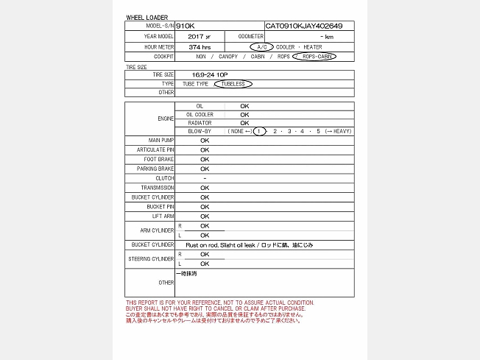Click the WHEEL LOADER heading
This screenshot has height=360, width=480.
(147, 17)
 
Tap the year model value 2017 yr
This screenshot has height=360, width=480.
(199, 36)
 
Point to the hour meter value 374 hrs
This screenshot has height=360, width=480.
(199, 46)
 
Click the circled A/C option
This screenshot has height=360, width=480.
(261, 46)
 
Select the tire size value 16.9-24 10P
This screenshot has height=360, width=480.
(210, 74)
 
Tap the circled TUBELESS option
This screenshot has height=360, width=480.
(233, 83)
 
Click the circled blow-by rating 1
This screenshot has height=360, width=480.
(258, 131)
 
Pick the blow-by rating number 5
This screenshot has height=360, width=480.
(318, 131)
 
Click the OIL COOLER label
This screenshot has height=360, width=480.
(200, 114)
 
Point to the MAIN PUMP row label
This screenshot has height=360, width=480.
(161, 140)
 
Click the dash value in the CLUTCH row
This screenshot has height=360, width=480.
(205, 178)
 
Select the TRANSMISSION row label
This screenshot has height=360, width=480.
(158, 188)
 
